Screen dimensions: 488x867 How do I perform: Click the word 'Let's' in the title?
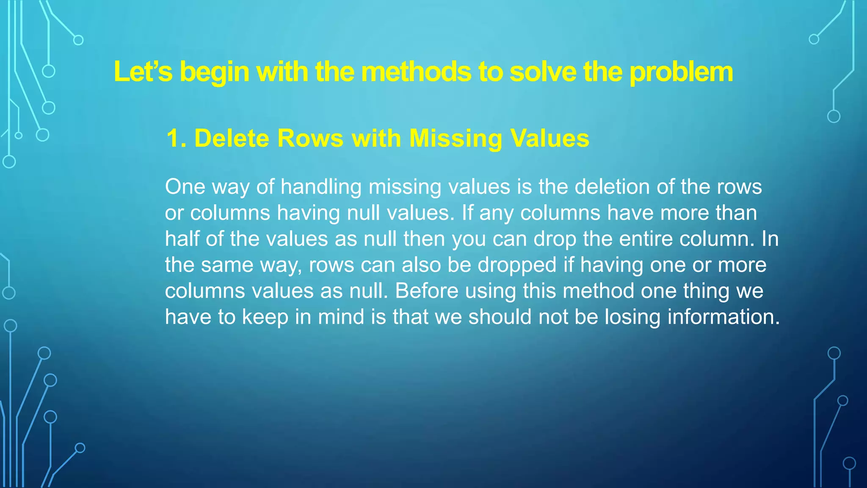pyautogui.click(x=143, y=72)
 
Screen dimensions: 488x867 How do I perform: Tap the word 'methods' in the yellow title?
pyautogui.click(x=416, y=72)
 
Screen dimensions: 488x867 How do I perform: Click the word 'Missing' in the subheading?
pyautogui.click(x=456, y=139)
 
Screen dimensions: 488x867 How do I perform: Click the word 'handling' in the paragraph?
pyautogui.click(x=321, y=187)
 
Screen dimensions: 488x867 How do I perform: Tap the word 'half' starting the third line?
pyautogui.click(x=182, y=239)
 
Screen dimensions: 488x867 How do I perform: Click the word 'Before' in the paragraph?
pyautogui.click(x=427, y=291)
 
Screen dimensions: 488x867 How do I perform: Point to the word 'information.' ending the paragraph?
pyautogui.click(x=723, y=317)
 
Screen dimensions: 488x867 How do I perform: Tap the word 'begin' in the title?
pyautogui.click(x=214, y=72)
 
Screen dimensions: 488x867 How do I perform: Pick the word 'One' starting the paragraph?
pyautogui.click(x=185, y=187)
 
